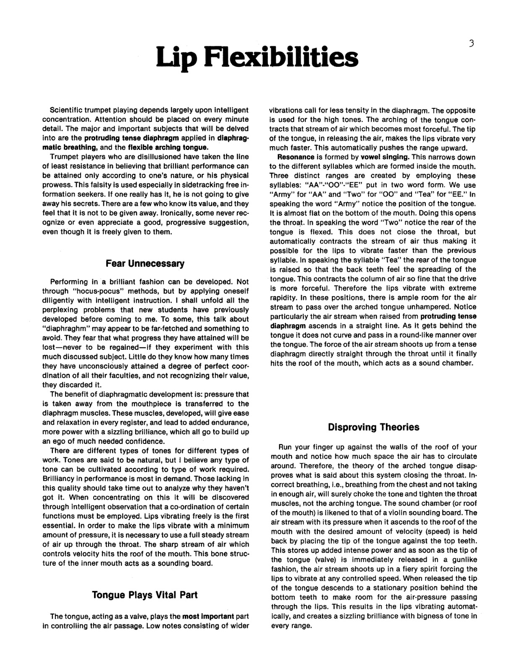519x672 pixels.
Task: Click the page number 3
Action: [472, 43]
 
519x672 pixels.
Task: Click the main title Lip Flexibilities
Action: [257, 58]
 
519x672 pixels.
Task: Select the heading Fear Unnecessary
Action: [145, 264]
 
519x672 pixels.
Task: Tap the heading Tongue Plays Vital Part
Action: [145, 595]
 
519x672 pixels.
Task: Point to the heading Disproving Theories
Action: [373, 427]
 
